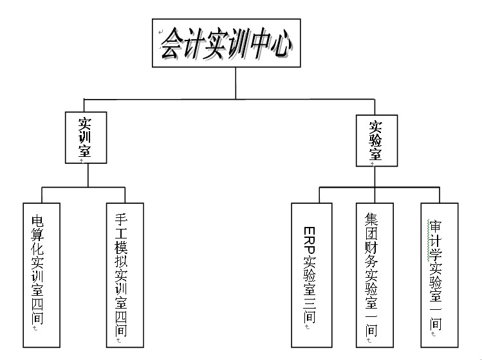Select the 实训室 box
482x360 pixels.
85,137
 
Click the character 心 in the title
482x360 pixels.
282,44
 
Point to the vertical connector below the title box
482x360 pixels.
236,83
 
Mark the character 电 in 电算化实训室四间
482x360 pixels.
39,222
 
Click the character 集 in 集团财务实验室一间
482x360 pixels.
371,218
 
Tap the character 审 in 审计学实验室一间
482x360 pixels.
435,226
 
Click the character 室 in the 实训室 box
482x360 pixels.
84,151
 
